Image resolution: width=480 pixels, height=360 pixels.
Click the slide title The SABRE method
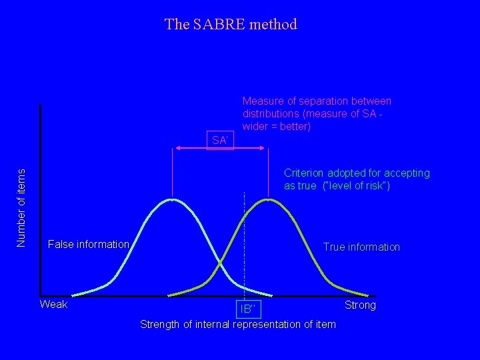[231, 25]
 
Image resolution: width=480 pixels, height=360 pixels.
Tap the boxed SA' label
[220, 140]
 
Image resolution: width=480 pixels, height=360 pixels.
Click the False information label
[88, 245]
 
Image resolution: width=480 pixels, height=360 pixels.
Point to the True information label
[361, 247]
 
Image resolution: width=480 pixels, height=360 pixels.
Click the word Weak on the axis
[54, 305]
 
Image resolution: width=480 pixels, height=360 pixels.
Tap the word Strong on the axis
[360, 305]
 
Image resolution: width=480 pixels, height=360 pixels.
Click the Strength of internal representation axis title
[238, 325]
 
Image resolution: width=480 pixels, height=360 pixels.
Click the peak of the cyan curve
[173, 199]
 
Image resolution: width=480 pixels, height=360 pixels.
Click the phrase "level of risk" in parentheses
[355, 185]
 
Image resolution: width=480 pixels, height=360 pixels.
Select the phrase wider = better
[277, 127]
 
